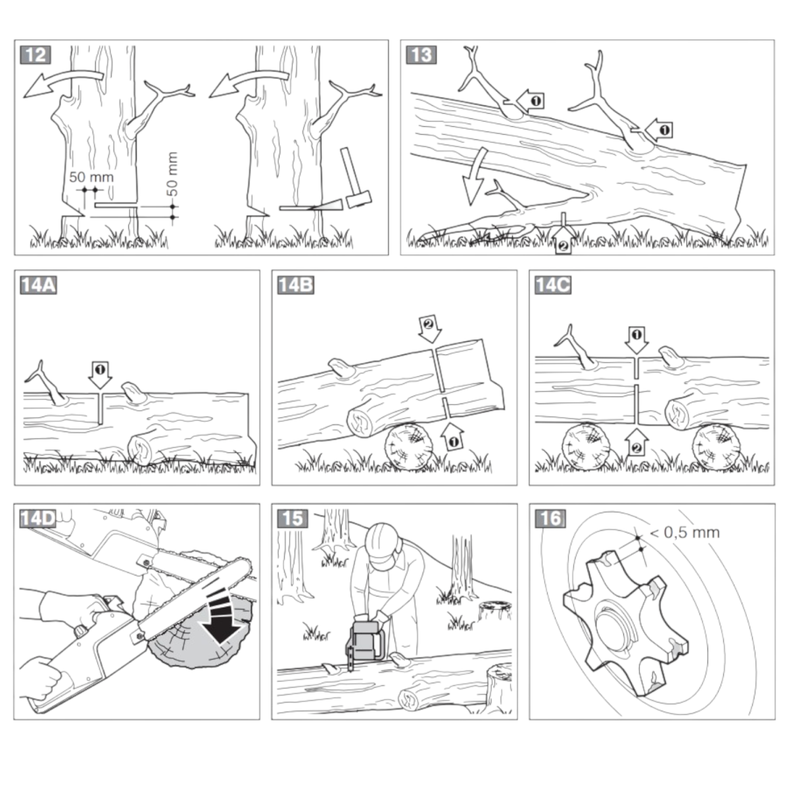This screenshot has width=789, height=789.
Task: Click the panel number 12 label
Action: pyautogui.click(x=36, y=55)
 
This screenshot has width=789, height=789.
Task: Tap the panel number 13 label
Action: pyautogui.click(x=421, y=55)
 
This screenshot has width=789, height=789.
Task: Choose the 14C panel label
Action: pyautogui.click(x=552, y=285)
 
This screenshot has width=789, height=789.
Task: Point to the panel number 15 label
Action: pyautogui.click(x=293, y=518)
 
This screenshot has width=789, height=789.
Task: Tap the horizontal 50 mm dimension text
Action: pyautogui.click(x=91, y=177)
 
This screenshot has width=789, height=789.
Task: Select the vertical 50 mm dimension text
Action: pyautogui.click(x=172, y=174)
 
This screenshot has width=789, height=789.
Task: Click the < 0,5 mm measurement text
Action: pyautogui.click(x=684, y=532)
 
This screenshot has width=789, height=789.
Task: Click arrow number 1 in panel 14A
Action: pyautogui.click(x=100, y=373)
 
